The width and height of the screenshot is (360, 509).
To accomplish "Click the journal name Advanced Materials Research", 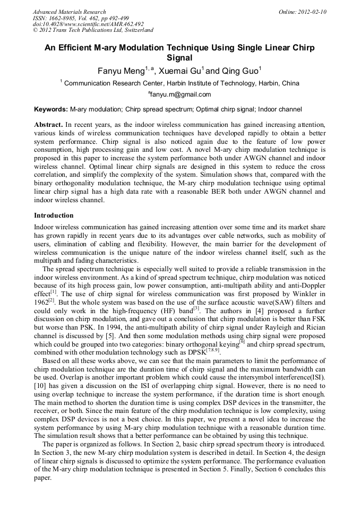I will tap(69, 12).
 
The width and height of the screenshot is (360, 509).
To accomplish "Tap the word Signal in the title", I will tap(179, 58).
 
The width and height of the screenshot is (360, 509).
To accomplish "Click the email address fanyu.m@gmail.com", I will tap(181, 95).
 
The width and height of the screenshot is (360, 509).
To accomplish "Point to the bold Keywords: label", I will tap(51, 109).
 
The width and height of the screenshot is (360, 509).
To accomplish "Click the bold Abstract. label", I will tap(49, 124).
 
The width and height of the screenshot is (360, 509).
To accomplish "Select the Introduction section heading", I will tap(54, 215).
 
